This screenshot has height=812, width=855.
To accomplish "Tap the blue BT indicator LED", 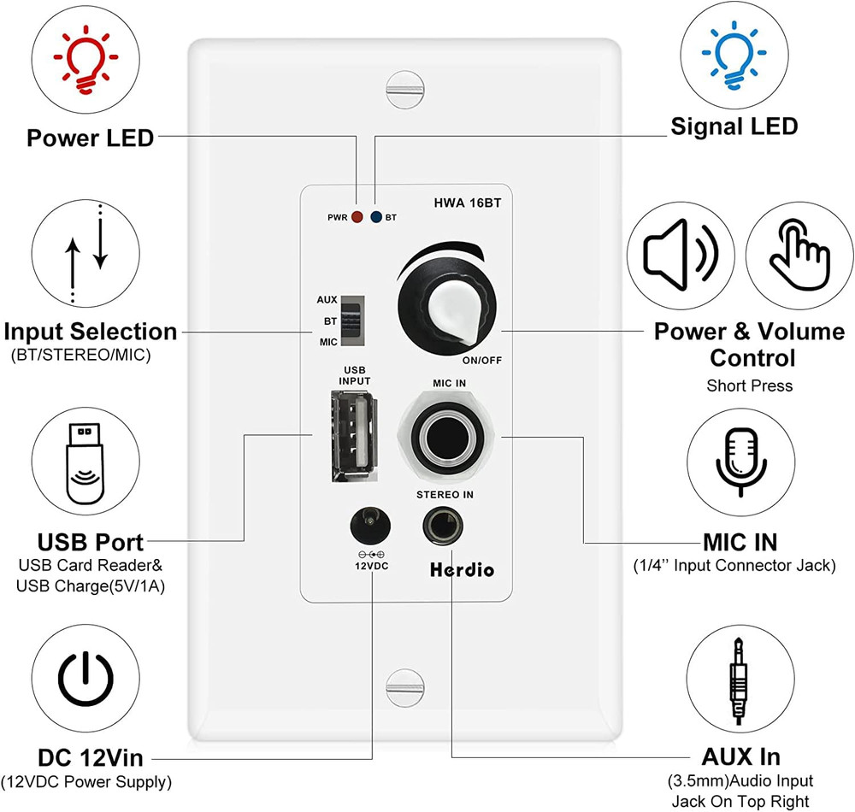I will pyautogui.click(x=376, y=217).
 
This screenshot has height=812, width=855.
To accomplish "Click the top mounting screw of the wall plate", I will pyautogui.click(x=405, y=85).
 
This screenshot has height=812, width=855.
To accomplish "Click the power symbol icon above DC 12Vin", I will pyautogui.click(x=86, y=680).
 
